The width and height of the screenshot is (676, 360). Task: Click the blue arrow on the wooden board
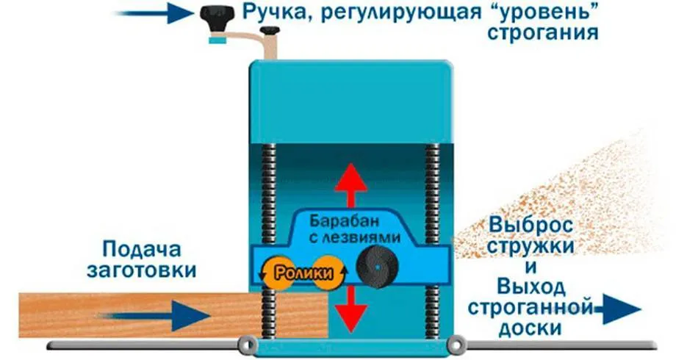pyautogui.click(x=157, y=315)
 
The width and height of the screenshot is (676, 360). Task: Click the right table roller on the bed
pyautogui.click(x=456, y=343)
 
